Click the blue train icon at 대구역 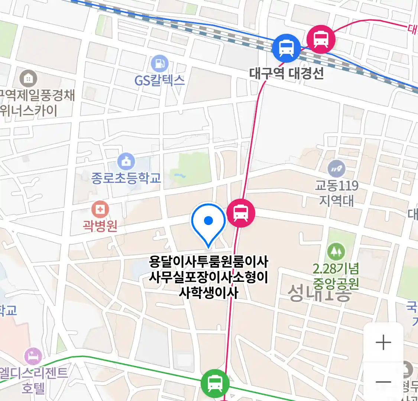click(286, 48)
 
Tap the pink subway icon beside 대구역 click(321, 39)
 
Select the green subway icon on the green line click(215, 383)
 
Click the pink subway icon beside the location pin click(241, 213)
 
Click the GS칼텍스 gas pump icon click(160, 64)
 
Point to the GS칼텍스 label click(159, 80)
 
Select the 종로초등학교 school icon click(126, 162)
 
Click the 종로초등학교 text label click(126, 178)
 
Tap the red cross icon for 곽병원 click(100, 209)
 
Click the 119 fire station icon click(337, 169)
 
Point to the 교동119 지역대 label click(337, 193)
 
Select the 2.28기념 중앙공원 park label click(336, 276)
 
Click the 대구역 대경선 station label click(286, 73)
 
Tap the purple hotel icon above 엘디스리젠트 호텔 click(33, 356)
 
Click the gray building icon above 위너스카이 click(28, 78)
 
